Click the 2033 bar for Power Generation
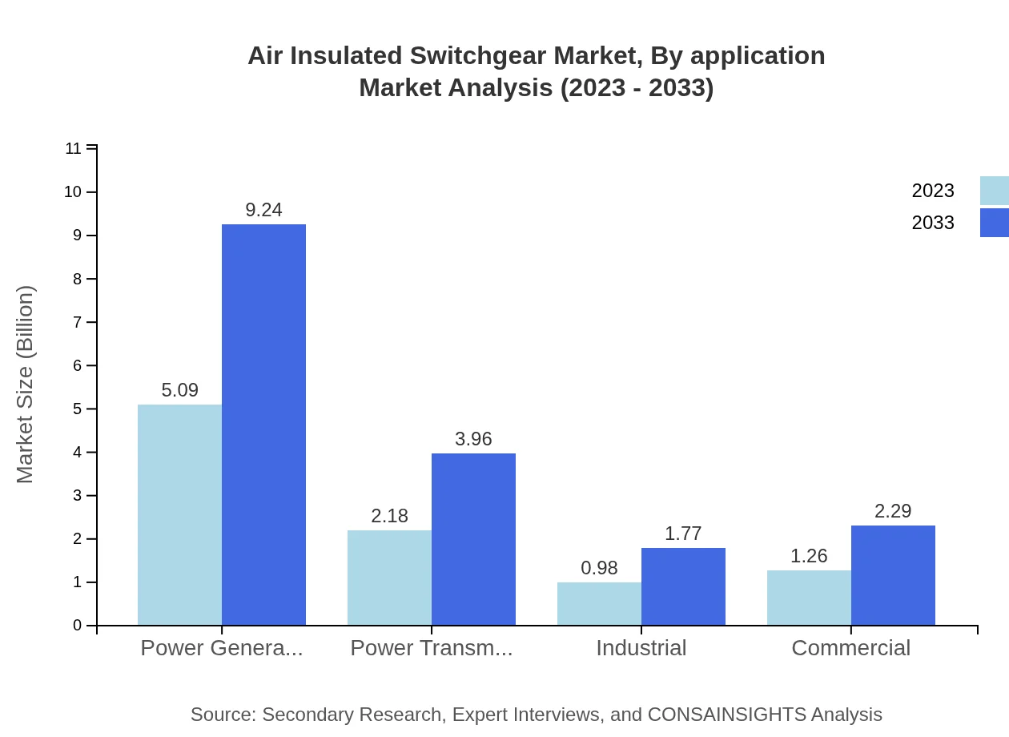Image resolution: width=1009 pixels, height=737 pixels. [263, 425]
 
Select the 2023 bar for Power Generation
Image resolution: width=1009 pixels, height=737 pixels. [179, 514]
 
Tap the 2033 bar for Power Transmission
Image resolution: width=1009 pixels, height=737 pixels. [473, 539]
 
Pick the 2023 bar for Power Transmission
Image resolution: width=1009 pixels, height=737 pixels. [389, 578]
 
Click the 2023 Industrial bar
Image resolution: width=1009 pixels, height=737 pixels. [599, 603]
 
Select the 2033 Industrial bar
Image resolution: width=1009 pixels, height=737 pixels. [683, 586]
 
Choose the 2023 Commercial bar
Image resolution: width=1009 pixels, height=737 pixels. [809, 598]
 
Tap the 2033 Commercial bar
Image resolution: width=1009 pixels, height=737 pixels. [893, 575]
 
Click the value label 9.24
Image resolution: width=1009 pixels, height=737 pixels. [263, 210]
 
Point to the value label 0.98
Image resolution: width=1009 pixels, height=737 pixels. [599, 568]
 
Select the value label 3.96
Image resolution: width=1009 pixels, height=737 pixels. [473, 439]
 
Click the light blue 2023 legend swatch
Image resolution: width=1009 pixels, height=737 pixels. [994, 191]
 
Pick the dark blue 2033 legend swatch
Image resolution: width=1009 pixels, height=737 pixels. [994, 223]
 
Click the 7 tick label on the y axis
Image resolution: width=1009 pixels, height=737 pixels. [78, 322]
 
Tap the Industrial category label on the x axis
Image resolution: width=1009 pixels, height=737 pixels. [641, 647]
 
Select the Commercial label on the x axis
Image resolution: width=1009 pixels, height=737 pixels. [850, 647]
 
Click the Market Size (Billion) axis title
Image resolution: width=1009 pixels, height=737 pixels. [26, 385]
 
